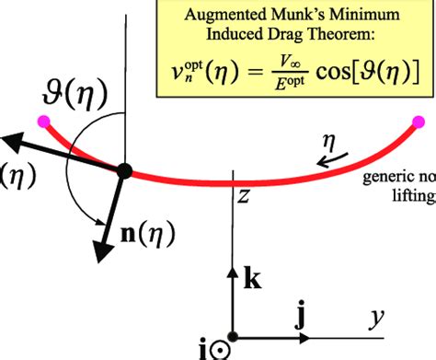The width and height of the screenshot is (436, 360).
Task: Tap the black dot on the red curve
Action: click(125, 171)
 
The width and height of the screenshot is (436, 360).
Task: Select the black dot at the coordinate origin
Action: click(233, 337)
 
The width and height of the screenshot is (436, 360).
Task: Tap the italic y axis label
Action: click(377, 319)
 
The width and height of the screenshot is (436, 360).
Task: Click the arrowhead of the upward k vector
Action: click(233, 265)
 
